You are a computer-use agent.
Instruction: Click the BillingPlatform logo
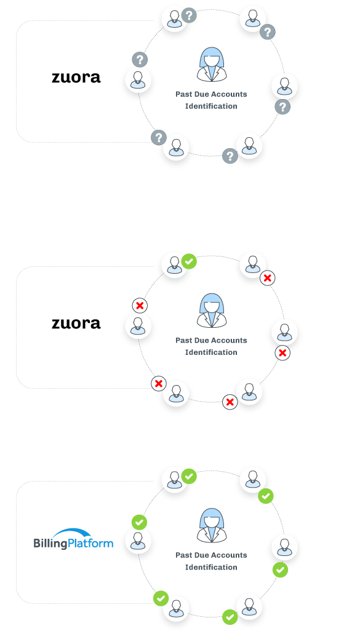pos(73,539)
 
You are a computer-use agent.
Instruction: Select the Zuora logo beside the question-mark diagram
pos(76,77)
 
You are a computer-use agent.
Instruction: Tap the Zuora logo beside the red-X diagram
pos(76,323)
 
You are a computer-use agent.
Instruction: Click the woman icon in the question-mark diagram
pos(212,65)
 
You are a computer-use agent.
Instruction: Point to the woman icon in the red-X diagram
pos(212,310)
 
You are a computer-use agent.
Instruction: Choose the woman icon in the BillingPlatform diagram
pos(212,525)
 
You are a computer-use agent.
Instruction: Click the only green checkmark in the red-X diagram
pos(189,261)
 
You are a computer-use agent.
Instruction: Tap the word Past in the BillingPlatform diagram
pos(183,555)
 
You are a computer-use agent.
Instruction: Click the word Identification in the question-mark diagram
pos(211,106)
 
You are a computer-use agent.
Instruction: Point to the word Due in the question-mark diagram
pos(201,94)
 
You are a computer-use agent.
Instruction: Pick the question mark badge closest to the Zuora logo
pos(140,60)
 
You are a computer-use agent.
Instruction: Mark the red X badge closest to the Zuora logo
pos(140,306)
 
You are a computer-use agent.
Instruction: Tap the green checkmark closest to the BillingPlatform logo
pos(139,522)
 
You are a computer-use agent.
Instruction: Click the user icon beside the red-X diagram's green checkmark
pos(174,265)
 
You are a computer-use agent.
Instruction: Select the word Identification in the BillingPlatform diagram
pos(211,568)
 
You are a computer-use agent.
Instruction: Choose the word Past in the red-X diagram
pos(183,341)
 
